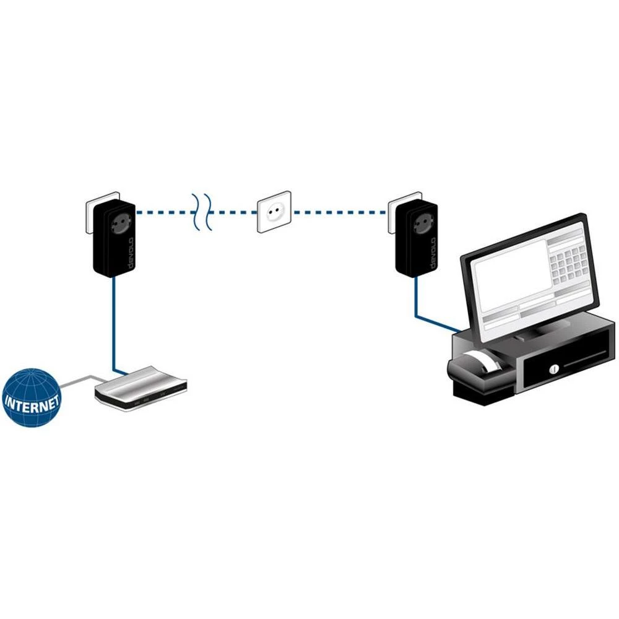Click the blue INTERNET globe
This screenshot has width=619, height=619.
click(31, 397)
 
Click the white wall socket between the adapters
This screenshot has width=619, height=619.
click(274, 212)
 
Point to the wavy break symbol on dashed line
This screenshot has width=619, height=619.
click(202, 212)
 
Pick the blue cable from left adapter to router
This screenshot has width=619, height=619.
click(113, 322)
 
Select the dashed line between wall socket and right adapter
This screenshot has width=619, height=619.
click(340, 212)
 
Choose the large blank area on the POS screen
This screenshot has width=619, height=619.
click(508, 275)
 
